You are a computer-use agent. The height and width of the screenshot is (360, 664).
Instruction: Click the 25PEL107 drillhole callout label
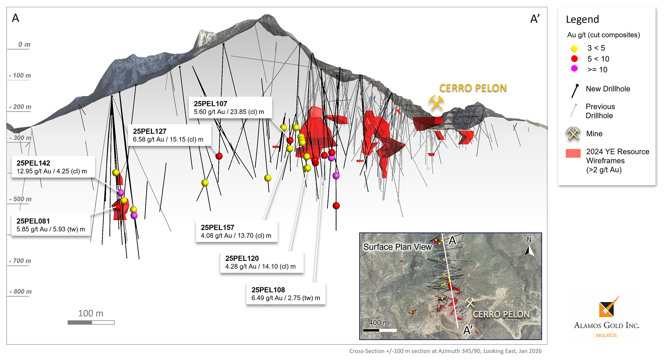[x=230, y=108]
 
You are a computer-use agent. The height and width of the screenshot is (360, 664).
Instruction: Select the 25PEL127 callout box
[x=169, y=135]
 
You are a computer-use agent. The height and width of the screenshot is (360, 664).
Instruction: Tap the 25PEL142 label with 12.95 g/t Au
[x=53, y=167]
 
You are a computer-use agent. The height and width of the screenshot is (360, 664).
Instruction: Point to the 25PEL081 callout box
[x=51, y=225]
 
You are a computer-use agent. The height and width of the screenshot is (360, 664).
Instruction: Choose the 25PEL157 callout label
[x=236, y=231]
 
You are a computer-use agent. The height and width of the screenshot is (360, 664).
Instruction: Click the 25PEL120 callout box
[x=261, y=262]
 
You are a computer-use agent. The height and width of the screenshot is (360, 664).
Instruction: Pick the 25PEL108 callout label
[x=286, y=294]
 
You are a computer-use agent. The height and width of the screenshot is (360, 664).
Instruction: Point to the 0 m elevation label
[x=24, y=44]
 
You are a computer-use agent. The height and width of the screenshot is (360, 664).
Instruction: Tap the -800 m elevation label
[x=21, y=292]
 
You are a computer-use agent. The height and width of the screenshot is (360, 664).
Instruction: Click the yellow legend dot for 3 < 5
[x=574, y=49]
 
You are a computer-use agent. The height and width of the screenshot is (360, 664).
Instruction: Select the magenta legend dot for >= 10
[x=574, y=69]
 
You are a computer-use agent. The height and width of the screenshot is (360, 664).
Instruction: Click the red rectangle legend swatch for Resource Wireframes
[x=573, y=153]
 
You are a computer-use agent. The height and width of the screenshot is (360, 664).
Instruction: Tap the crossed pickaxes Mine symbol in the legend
[x=573, y=133]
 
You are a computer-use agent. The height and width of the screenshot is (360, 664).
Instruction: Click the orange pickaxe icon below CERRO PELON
[x=436, y=103]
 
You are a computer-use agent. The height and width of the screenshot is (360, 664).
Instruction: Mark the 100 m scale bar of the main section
[x=91, y=322]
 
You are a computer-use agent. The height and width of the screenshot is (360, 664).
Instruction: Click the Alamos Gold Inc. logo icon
[x=608, y=307]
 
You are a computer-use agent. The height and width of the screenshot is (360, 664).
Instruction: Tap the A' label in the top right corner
[x=535, y=19]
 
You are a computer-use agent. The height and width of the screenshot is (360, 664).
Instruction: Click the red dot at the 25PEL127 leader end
[x=219, y=156]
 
